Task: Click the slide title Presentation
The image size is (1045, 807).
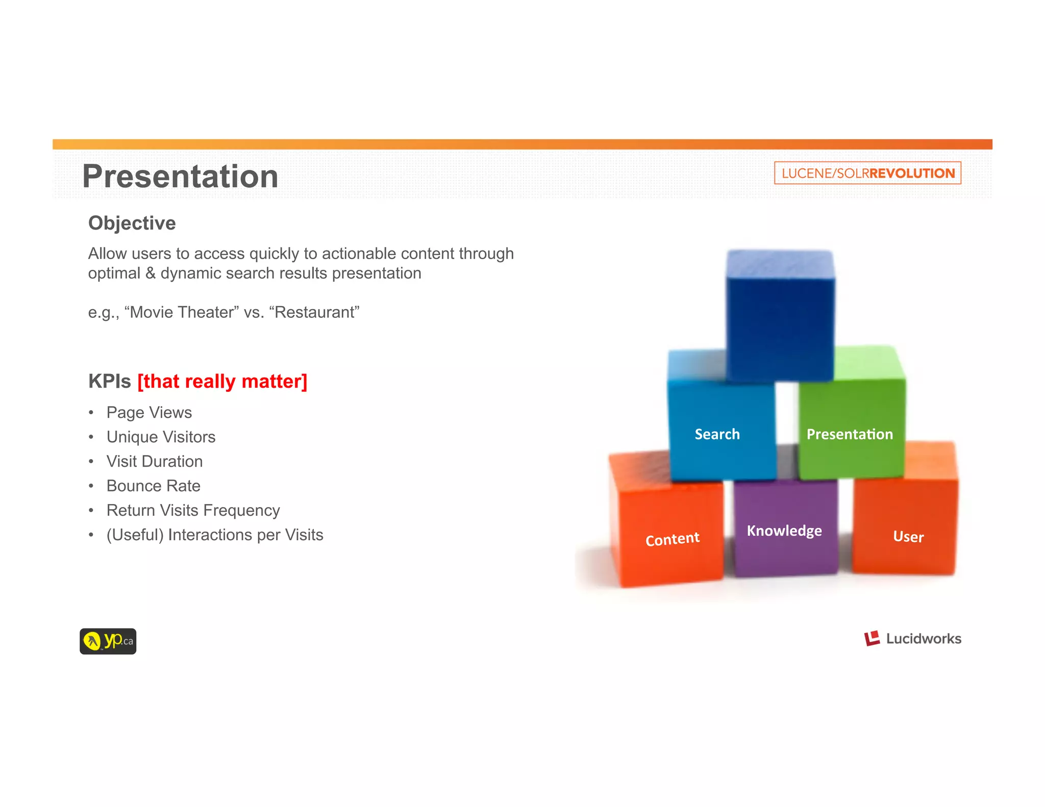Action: (180, 176)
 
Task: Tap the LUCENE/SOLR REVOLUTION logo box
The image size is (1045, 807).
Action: (867, 173)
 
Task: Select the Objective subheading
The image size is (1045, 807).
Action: (132, 223)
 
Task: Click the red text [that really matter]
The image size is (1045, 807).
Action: (222, 382)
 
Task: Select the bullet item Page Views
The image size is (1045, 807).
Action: (149, 412)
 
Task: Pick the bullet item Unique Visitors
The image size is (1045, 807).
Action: (161, 437)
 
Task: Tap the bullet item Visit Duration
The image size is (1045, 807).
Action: (155, 461)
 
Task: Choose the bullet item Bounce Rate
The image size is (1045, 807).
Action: (153, 486)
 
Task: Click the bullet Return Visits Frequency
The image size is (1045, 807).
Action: (193, 510)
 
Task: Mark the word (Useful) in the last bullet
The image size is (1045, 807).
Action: (135, 535)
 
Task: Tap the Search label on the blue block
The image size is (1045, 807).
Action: (717, 434)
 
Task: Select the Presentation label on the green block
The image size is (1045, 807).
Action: (850, 434)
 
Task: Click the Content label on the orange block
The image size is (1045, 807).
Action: (672, 539)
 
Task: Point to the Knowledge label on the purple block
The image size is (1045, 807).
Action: (784, 531)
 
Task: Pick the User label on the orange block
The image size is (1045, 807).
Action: (908, 537)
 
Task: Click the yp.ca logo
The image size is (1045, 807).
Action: (108, 641)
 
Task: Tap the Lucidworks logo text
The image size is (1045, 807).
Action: (923, 639)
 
